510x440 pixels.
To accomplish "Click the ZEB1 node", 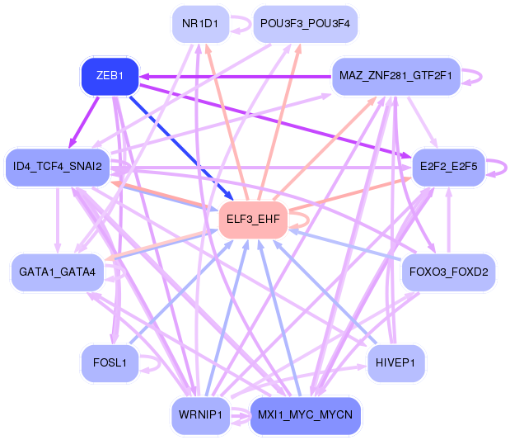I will (x=109, y=76).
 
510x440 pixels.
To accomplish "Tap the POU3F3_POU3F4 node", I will (x=305, y=23).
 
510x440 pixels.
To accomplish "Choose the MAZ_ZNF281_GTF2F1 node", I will (x=395, y=76).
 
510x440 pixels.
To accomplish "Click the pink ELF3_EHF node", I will (x=252, y=220).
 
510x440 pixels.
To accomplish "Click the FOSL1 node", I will (x=109, y=363).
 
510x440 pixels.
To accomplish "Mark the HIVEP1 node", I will (x=395, y=363).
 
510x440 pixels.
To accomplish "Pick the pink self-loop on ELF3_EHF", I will (x=302, y=220).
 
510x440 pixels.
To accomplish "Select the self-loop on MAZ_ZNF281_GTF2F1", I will (x=475, y=76).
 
